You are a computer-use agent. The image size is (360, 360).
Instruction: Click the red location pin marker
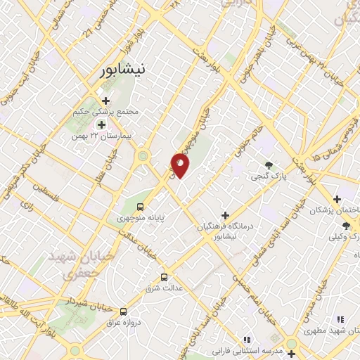tap(181, 165)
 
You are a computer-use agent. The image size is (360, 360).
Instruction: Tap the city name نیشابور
tap(122, 71)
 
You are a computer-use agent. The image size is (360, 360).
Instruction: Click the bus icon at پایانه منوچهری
tap(140, 207)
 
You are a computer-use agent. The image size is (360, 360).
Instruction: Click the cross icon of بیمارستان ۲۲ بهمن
tap(101, 124)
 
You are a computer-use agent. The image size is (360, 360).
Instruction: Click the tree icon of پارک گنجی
tap(269, 166)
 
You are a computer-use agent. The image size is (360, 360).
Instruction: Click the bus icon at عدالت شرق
tap(165, 277)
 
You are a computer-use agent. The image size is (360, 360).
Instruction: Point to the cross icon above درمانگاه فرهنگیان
tap(225, 215)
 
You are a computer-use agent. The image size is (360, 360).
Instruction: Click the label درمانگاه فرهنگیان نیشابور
tap(227, 231)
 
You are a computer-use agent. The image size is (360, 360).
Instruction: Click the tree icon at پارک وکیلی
tap(346, 225)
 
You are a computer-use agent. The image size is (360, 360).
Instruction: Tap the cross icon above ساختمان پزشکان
tap(337, 199)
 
